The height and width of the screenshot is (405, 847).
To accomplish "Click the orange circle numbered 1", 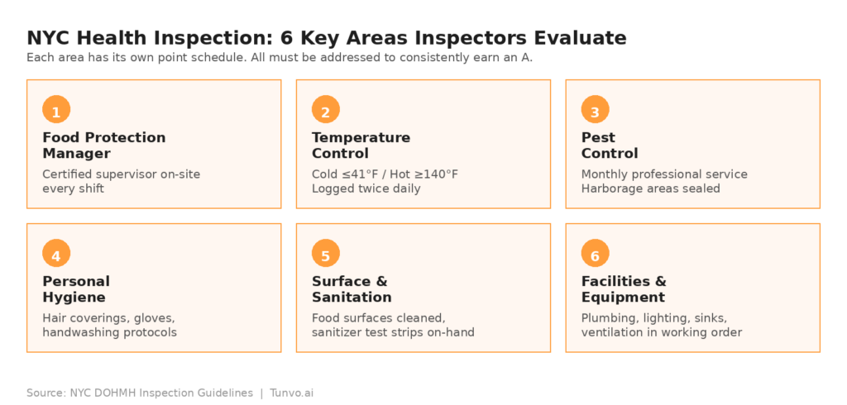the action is pos(56,109).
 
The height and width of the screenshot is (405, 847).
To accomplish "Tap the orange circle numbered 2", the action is pos(326,109).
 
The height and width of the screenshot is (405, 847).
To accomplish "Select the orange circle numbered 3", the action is pos(596,109).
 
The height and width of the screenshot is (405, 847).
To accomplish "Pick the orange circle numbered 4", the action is pos(56,253).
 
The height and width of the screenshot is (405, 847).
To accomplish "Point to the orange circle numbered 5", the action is pos(326,253).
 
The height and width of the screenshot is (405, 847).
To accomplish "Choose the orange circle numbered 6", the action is pos(596,253).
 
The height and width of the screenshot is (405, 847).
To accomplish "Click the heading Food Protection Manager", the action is pos(104,145).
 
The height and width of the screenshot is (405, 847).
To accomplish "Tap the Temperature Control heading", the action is pos(361,145).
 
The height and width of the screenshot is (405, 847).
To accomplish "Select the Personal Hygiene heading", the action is pos(76,289).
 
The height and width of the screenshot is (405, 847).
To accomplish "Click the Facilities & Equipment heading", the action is pos(624,289).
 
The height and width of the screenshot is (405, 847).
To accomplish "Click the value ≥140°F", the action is pos(438,174).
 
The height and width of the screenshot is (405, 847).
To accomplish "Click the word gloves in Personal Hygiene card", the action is pos(156,318).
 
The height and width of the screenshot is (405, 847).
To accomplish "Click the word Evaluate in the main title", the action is pos(580,38).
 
